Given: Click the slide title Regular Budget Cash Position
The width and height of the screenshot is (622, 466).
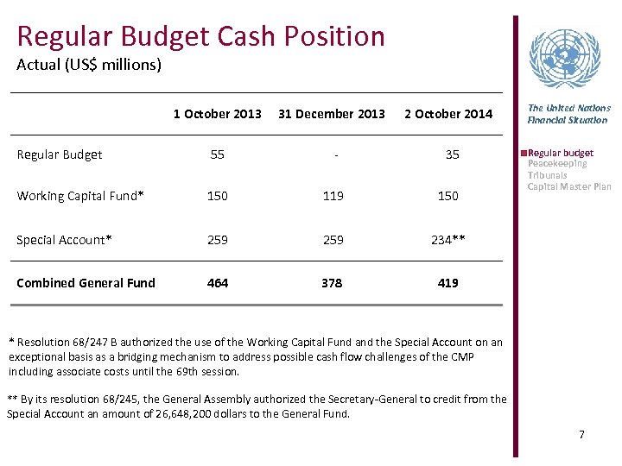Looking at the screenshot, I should (200, 36).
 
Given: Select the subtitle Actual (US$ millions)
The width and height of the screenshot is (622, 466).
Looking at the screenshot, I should (89, 65).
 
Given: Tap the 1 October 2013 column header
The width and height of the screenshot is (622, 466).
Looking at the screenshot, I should (217, 114).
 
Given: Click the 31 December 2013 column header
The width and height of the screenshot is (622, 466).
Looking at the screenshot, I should (332, 114).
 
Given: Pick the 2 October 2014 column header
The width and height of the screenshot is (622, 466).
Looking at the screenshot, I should (448, 114).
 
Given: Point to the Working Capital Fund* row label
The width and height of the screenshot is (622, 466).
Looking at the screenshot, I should (80, 196).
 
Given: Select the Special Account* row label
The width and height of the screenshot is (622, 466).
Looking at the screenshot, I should (64, 240).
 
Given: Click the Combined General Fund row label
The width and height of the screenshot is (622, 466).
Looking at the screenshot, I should (86, 283).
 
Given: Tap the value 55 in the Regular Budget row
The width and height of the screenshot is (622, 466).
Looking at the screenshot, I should (217, 154).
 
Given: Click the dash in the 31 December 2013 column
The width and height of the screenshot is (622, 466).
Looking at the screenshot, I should (332, 154).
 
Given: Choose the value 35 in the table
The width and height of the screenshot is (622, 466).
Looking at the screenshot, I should (452, 154).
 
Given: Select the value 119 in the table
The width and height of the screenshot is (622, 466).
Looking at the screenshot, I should (332, 196).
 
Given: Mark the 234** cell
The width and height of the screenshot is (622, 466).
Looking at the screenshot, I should (448, 240).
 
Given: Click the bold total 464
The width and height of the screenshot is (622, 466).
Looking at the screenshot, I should (217, 283).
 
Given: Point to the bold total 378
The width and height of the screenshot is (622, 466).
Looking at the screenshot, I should (332, 283).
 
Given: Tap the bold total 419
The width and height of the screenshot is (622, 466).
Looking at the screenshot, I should (447, 283).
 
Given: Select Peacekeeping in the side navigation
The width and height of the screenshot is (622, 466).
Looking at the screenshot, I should (557, 164).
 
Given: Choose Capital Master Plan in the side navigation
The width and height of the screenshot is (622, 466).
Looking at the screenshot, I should (569, 186).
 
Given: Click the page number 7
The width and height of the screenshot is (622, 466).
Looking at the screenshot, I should (581, 434).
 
